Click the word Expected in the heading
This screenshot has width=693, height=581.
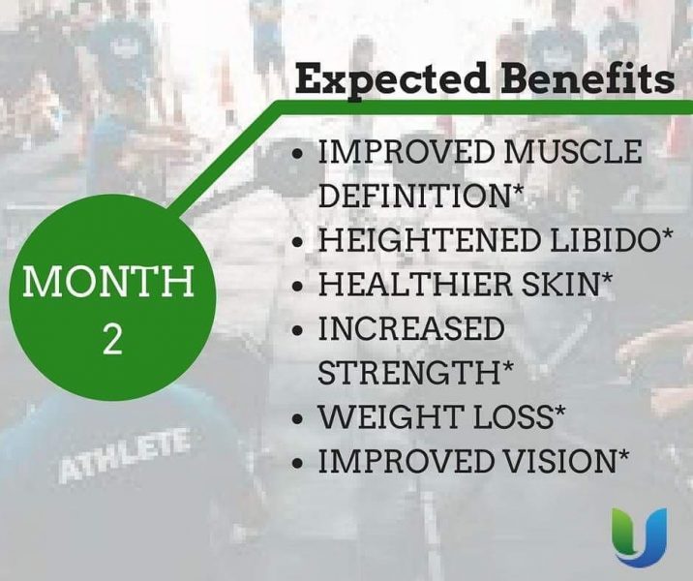point(392,80)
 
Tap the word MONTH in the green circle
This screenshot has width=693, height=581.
point(108,281)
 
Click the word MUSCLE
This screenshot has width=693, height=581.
point(573,151)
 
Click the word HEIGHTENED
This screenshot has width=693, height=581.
point(429,239)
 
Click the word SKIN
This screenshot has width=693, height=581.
point(559,284)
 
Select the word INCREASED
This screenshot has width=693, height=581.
point(411,328)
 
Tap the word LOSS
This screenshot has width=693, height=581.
point(513,416)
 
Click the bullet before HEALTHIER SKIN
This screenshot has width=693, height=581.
point(299,286)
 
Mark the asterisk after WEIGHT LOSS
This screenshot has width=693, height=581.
point(559,411)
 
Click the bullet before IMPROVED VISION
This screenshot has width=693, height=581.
point(299,463)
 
